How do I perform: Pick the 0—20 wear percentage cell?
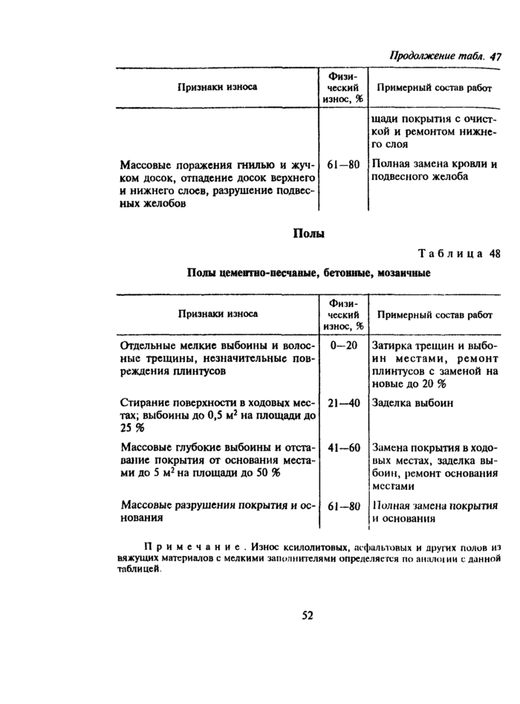(x=342, y=346)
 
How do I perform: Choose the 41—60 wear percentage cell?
(x=342, y=448)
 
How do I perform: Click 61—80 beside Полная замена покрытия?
(x=342, y=506)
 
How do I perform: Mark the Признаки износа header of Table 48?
(x=217, y=313)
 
